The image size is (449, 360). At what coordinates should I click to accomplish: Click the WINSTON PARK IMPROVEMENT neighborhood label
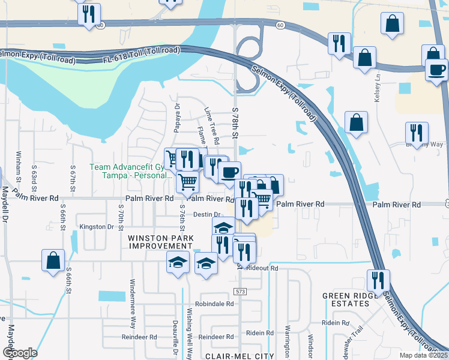tap(160, 242)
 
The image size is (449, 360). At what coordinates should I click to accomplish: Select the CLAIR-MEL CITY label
tap(240, 356)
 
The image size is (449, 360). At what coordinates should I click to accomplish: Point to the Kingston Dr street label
tap(97, 227)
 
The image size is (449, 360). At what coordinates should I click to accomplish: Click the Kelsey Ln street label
tap(378, 88)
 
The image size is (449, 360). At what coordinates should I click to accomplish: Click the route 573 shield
tap(240, 290)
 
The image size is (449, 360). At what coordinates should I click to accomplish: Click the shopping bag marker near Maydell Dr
tap(53, 260)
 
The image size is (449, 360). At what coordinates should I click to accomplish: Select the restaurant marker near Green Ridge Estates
tap(378, 280)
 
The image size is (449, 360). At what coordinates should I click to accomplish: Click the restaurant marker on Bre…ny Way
tap(417, 133)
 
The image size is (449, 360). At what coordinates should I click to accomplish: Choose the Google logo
tap(19, 353)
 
